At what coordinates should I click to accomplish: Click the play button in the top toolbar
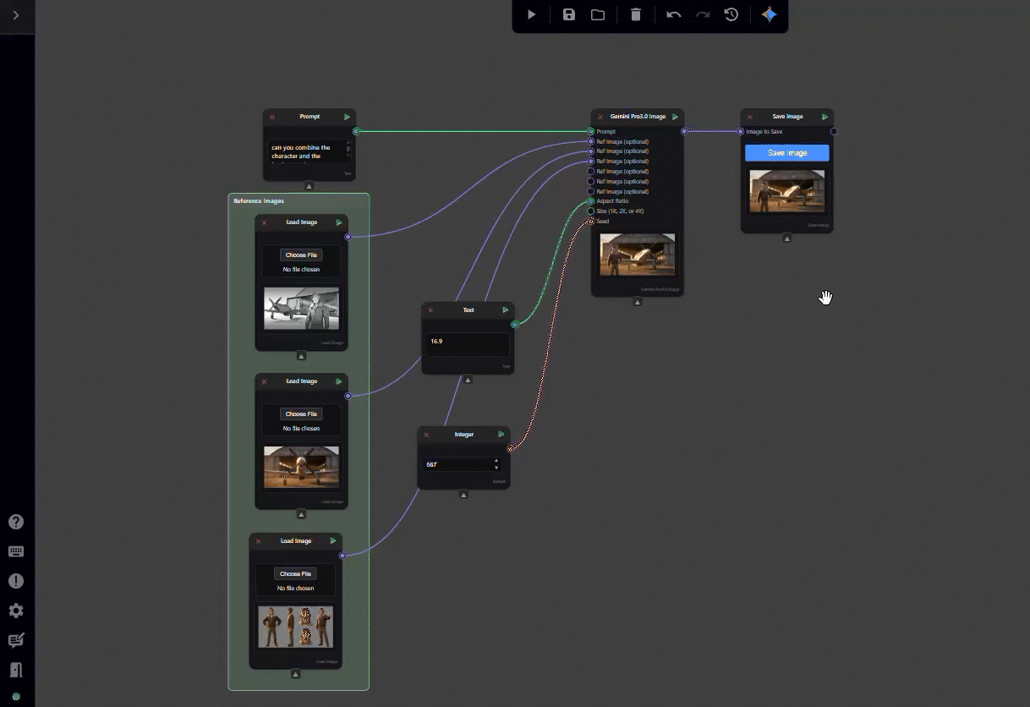coord(531,14)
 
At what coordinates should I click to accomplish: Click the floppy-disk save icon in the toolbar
coord(569,14)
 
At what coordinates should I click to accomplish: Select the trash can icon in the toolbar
coord(636,14)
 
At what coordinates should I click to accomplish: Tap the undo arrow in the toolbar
coord(673,14)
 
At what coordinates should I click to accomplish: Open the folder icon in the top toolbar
coord(598,14)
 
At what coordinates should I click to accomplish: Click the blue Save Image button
coord(786,153)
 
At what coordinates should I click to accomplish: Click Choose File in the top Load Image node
coord(301,255)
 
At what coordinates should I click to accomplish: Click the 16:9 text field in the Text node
coord(468,342)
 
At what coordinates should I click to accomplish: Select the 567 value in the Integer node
coord(457,464)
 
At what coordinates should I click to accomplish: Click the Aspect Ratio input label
coord(613,201)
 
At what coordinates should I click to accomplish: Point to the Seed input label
coord(603,222)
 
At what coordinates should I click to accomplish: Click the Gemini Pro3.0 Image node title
coord(638,117)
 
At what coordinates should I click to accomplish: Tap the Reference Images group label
coord(259,201)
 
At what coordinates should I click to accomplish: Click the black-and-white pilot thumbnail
coord(301,308)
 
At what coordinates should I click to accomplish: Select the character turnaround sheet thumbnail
coord(295,627)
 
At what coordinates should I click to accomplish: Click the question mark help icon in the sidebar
coord(16,522)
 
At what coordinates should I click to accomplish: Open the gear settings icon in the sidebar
coord(16,611)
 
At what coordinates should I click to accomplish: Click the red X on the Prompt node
coord(272,117)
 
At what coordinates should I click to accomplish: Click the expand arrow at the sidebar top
coord(16,15)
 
